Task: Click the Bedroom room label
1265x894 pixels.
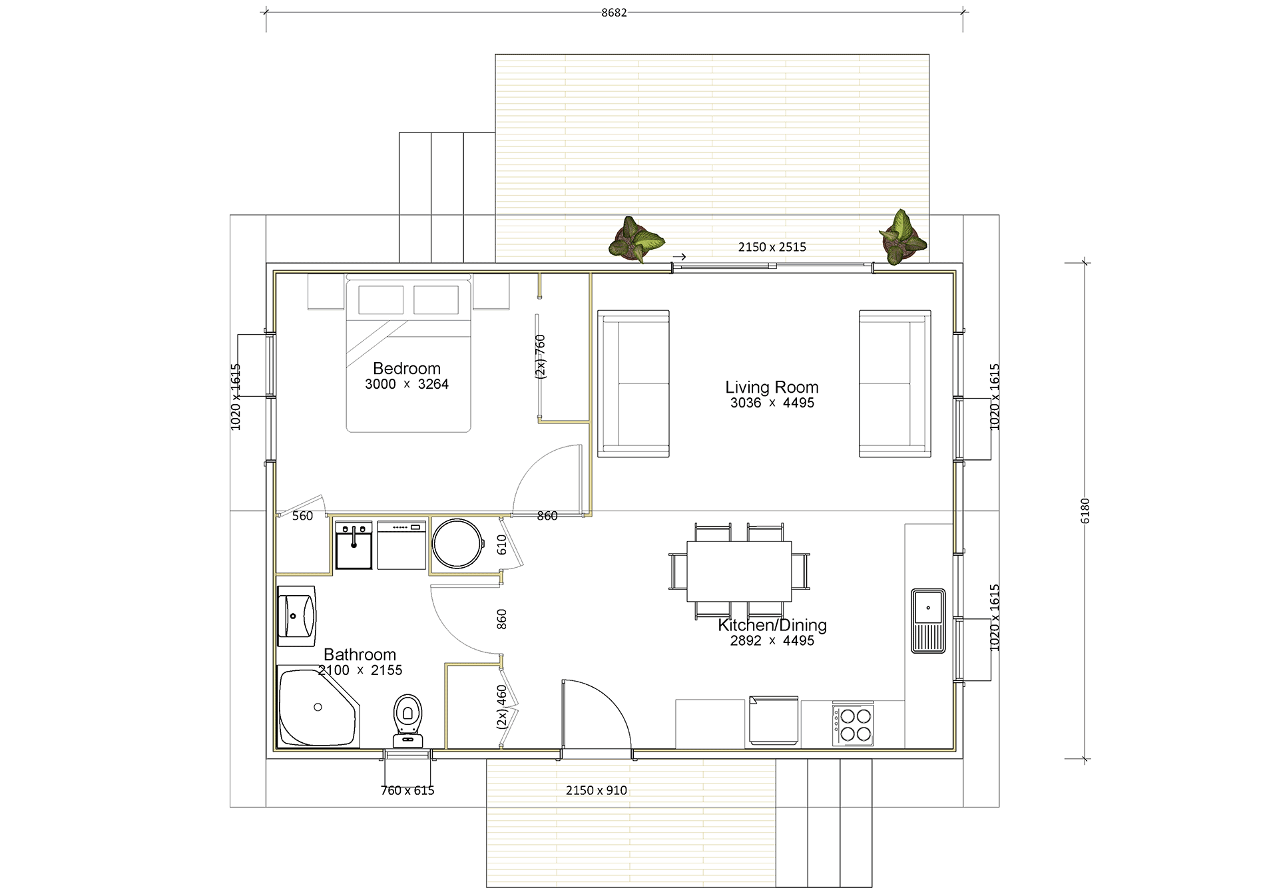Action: pyautogui.click(x=407, y=368)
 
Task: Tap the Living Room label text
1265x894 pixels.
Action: pyautogui.click(x=772, y=387)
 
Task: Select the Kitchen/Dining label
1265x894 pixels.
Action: pyautogui.click(x=772, y=625)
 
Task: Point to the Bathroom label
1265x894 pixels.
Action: pyautogui.click(x=360, y=654)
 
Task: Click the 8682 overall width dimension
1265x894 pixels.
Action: pyautogui.click(x=614, y=13)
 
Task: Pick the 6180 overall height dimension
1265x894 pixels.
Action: pyautogui.click(x=1085, y=511)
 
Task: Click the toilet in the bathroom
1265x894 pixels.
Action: pyautogui.click(x=407, y=721)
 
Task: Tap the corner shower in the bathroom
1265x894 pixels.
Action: pyautogui.click(x=318, y=708)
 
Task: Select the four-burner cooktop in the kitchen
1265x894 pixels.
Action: pyautogui.click(x=853, y=724)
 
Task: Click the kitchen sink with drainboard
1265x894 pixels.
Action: pyautogui.click(x=928, y=620)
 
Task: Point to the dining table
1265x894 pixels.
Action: pyautogui.click(x=739, y=571)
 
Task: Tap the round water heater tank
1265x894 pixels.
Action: pyautogui.click(x=457, y=543)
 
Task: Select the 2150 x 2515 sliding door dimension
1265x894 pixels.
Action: pyautogui.click(x=772, y=247)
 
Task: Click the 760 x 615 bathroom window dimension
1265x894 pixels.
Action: pyautogui.click(x=407, y=790)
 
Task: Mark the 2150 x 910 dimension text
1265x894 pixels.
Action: pyautogui.click(x=597, y=790)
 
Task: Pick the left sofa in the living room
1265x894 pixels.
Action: pyautogui.click(x=633, y=383)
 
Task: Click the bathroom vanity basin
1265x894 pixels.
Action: pyautogui.click(x=296, y=616)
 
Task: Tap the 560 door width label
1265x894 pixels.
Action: pyautogui.click(x=302, y=516)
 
